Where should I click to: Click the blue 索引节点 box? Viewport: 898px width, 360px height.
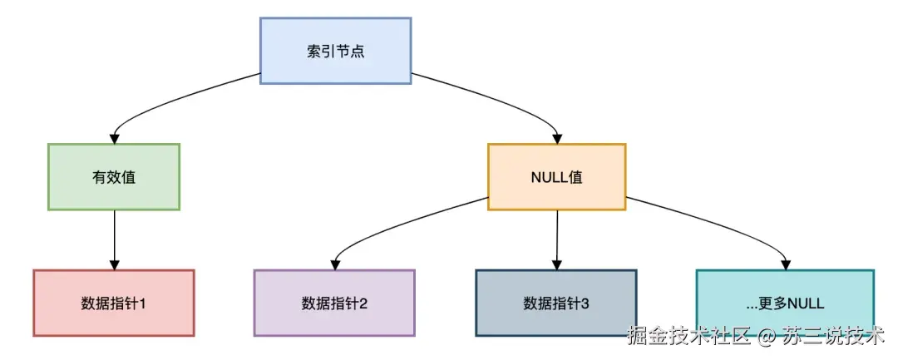click(x=335, y=50)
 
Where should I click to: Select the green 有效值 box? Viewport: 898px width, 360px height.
click(x=114, y=176)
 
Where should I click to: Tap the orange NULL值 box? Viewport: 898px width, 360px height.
click(x=556, y=176)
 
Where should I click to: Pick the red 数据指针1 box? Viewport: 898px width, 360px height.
click(x=114, y=303)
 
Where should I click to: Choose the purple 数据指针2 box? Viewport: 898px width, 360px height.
click(x=334, y=303)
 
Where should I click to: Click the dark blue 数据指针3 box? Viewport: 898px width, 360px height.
click(x=556, y=303)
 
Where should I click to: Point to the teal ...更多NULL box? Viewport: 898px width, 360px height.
click(x=785, y=303)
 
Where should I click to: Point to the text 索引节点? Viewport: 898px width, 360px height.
click(x=335, y=51)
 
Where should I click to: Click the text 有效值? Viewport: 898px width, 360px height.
click(x=114, y=177)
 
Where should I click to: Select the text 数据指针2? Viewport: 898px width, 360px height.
click(x=334, y=303)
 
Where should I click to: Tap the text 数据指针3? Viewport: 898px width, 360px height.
click(x=556, y=303)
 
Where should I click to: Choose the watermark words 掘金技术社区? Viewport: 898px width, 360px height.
click(x=688, y=338)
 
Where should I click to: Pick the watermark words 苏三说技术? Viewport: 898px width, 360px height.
click(x=831, y=338)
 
